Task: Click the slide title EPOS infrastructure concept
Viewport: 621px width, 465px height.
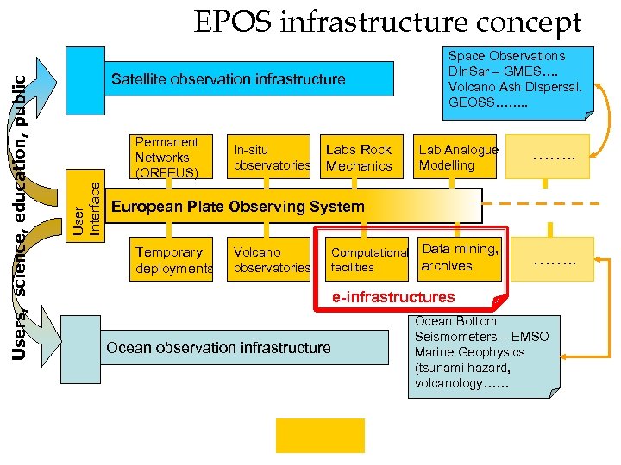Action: click(x=387, y=22)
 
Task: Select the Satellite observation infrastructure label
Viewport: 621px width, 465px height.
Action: click(x=228, y=79)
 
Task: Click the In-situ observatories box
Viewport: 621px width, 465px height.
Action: click(x=271, y=157)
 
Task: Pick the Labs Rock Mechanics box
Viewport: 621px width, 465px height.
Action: click(x=359, y=157)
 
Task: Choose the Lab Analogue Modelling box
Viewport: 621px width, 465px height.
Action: click(x=458, y=157)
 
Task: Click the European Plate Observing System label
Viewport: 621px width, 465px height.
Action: click(x=238, y=207)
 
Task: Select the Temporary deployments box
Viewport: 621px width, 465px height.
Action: click(x=173, y=260)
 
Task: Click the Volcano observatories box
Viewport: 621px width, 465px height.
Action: click(x=271, y=260)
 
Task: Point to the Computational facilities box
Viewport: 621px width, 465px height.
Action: click(x=369, y=260)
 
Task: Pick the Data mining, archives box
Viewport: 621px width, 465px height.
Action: click(x=460, y=257)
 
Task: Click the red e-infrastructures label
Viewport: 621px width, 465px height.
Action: click(x=393, y=297)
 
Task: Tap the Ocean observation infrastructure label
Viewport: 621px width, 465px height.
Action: click(x=217, y=348)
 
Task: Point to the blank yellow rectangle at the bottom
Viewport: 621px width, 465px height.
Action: click(x=320, y=435)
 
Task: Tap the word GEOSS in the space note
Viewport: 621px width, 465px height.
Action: click(x=471, y=102)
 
